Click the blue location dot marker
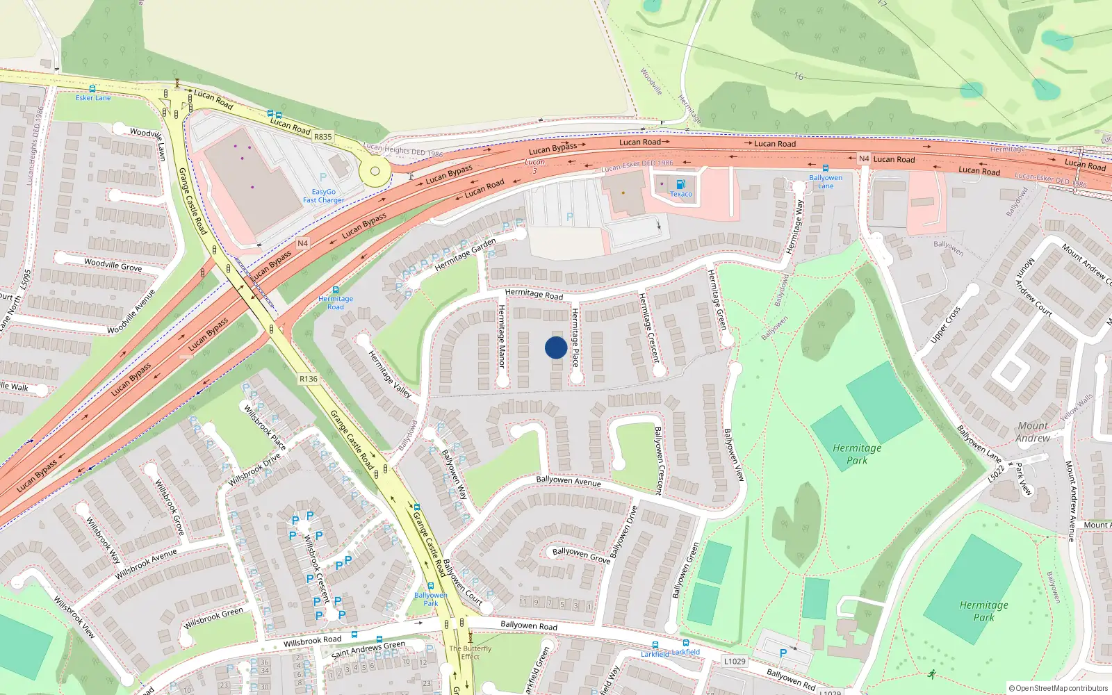(556, 347)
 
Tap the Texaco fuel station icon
(680, 184)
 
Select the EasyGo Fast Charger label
(323, 196)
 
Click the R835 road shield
(323, 137)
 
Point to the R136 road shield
(308, 379)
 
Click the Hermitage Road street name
(534, 294)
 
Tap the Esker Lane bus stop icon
(92, 89)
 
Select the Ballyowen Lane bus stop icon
(825, 168)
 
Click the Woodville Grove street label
(113, 265)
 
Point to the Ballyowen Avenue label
(569, 481)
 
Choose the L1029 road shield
(735, 661)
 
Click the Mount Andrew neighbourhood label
(1033, 432)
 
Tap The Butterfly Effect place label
(470, 652)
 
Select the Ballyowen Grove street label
(582, 555)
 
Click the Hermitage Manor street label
(501, 336)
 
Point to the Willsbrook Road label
(312, 640)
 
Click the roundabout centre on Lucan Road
(375, 171)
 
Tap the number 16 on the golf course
(799, 76)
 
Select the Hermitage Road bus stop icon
(336, 290)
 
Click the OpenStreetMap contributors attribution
(1058, 688)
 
